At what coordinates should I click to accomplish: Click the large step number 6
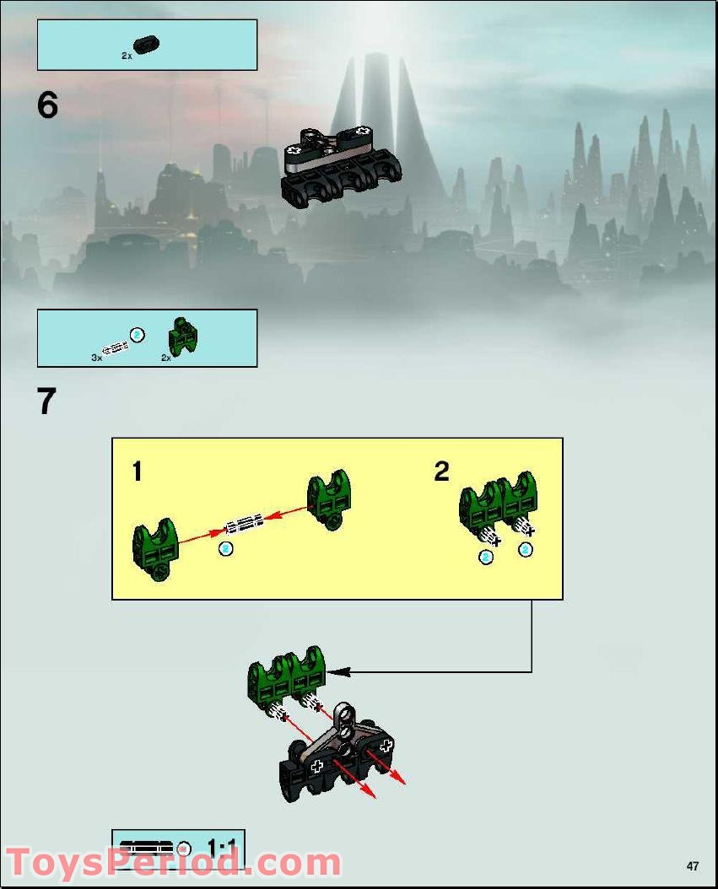coord(47,105)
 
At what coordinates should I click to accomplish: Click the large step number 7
coord(47,401)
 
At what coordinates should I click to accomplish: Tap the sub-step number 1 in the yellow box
coord(137,471)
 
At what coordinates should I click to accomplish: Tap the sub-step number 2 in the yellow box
coord(441,471)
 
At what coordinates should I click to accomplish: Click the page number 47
coord(693,865)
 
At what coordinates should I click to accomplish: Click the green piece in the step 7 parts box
coord(183,335)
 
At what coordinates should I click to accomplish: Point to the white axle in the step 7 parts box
coord(114,345)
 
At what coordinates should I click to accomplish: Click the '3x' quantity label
coord(96,358)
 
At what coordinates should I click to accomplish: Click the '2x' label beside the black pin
coord(127,56)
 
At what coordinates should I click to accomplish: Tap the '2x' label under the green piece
coord(166,358)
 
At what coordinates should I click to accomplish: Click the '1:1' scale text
coord(224,845)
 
